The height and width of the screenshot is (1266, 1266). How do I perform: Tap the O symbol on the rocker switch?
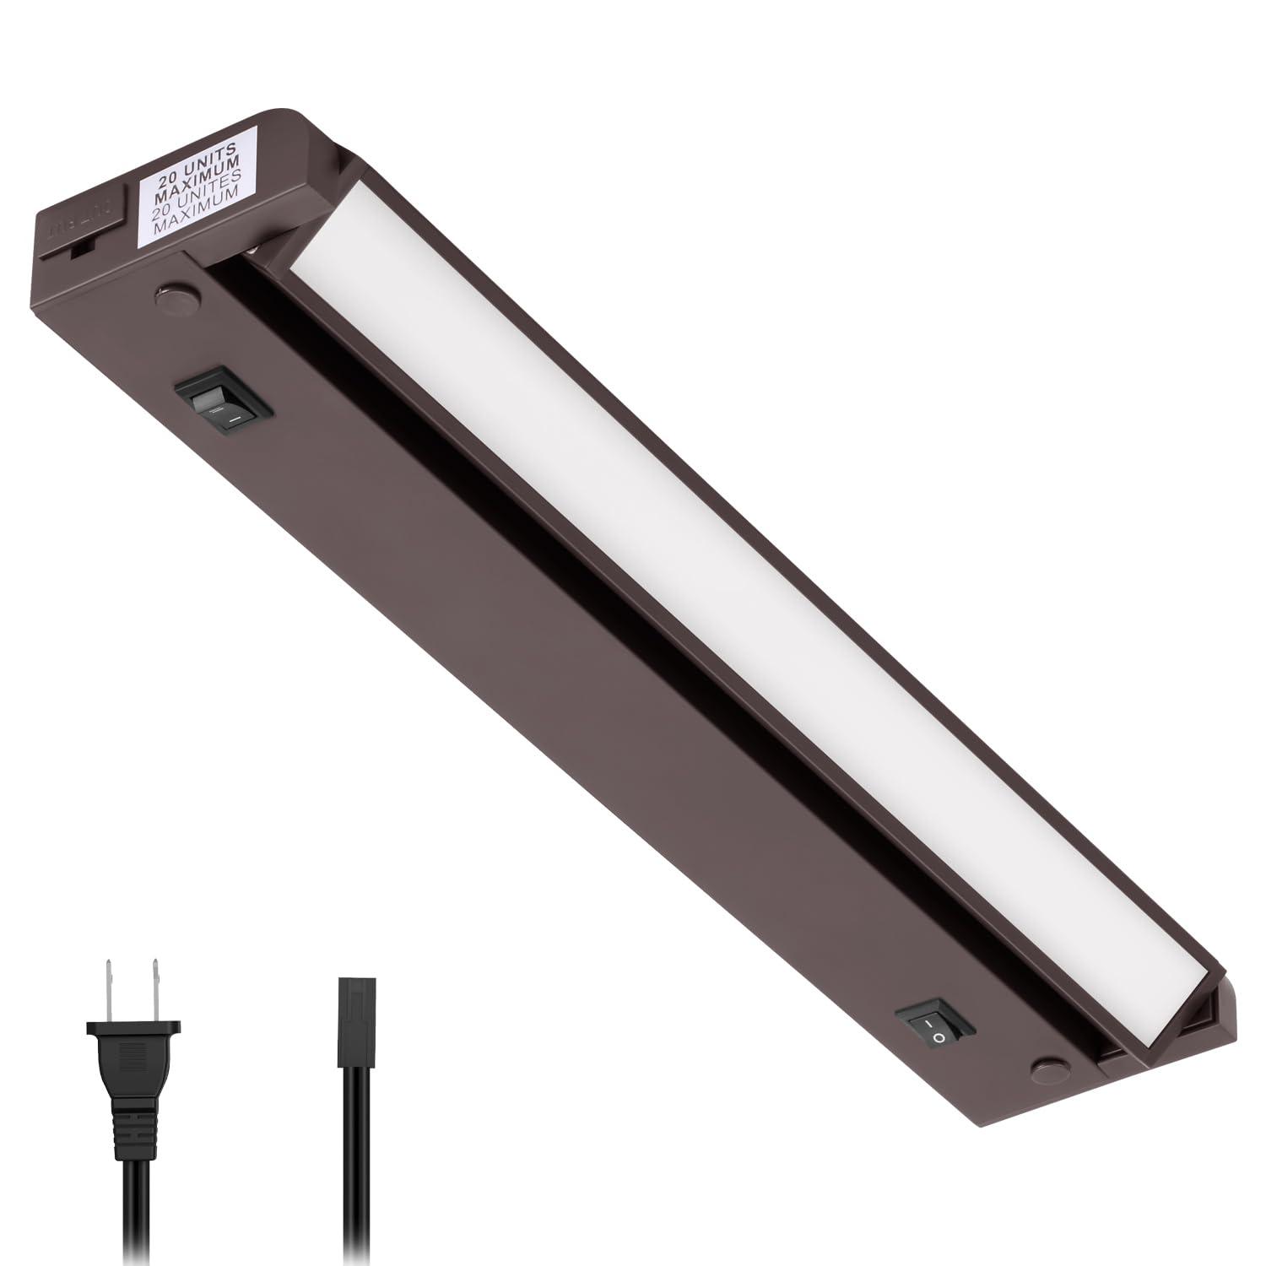pyautogui.click(x=939, y=1036)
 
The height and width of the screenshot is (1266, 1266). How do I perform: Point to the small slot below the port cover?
pyautogui.click(x=81, y=251)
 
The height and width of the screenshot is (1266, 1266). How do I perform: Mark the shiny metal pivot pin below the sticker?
pyautogui.click(x=254, y=252)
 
